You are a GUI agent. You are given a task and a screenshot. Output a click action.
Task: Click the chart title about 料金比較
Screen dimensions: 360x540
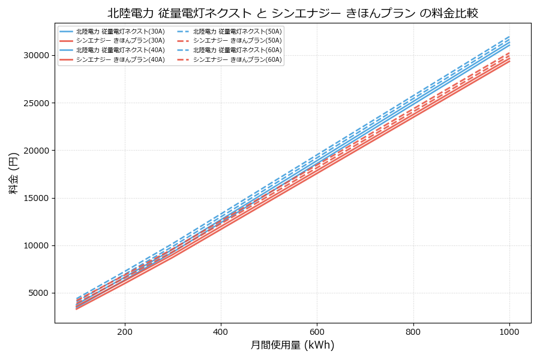(293, 13)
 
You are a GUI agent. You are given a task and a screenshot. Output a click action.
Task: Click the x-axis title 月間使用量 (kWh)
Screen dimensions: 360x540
(292, 345)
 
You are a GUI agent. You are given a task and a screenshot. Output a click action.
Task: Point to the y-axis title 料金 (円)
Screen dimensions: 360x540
(13, 173)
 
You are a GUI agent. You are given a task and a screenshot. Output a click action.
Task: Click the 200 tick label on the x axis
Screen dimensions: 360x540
(125, 331)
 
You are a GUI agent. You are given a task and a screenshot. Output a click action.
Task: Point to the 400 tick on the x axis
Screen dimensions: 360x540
(221, 331)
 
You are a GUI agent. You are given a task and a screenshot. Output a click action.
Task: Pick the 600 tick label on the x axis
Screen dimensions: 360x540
(317, 331)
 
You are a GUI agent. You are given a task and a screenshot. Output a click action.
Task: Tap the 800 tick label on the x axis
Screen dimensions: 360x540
(413, 331)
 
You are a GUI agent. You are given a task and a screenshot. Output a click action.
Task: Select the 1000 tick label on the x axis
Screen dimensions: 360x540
(509, 331)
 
